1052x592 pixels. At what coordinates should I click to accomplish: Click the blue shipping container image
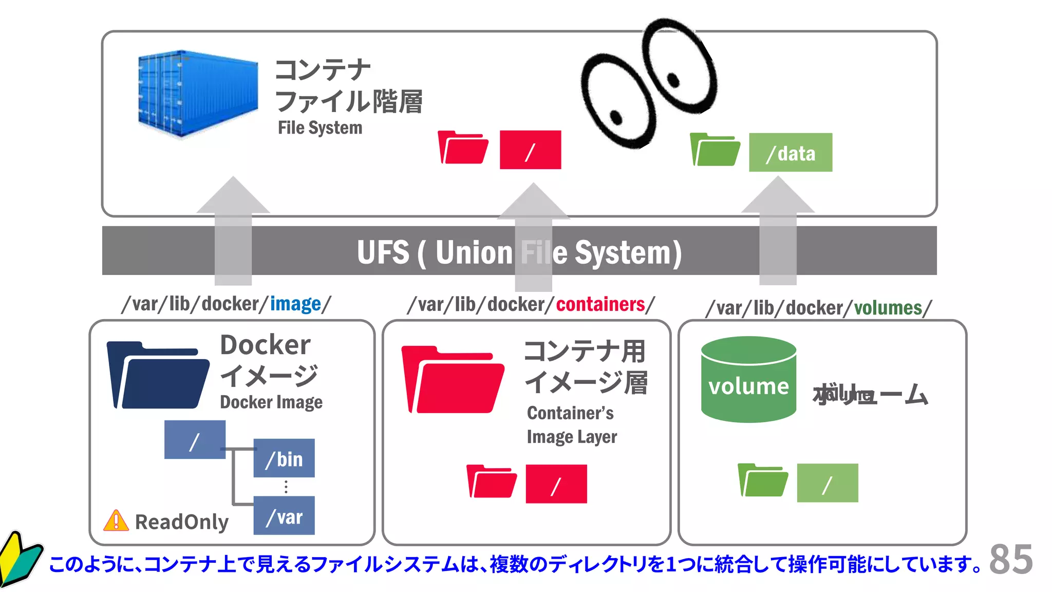click(198, 94)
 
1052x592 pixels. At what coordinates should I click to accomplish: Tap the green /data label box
click(790, 153)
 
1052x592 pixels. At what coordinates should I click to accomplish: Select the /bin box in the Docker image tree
click(284, 458)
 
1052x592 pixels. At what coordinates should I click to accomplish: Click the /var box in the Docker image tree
click(284, 515)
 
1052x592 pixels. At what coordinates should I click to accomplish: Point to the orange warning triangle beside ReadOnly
click(116, 521)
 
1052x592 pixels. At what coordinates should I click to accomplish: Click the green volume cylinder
click(748, 380)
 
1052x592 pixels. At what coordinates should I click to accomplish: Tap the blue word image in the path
click(295, 304)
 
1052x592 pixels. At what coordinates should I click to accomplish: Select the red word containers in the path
click(600, 304)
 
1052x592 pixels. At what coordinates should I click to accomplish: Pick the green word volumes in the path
click(888, 308)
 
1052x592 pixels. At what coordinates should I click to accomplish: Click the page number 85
click(1010, 559)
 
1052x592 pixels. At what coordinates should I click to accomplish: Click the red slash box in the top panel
click(530, 150)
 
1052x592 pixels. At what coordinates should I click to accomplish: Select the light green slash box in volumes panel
click(827, 483)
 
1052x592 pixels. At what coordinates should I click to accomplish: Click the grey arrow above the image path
click(233, 231)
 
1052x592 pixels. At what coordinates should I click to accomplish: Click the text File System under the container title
click(320, 128)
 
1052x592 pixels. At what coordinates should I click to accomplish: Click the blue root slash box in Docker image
click(195, 440)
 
